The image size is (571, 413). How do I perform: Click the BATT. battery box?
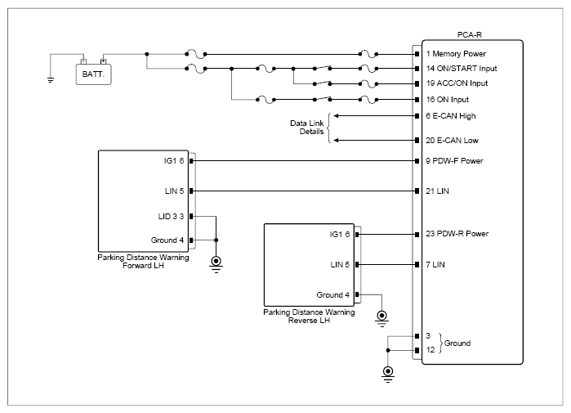tap(94, 74)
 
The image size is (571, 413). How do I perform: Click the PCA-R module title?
tap(470, 35)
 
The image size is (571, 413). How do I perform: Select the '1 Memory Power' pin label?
tap(456, 54)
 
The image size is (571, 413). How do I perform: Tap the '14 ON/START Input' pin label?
tap(462, 69)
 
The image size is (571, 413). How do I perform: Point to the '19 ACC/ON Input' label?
tap(457, 83)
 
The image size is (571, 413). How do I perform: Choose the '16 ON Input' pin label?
tap(447, 100)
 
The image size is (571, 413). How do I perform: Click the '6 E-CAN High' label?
tap(451, 116)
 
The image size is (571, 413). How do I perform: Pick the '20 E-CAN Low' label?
tap(452, 141)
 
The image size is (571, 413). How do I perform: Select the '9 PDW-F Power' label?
tap(454, 161)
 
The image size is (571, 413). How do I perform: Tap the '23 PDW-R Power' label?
tap(457, 234)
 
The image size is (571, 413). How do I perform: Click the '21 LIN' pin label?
tap(437, 191)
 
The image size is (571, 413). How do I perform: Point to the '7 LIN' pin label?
tap(435, 265)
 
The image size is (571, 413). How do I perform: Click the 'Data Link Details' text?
tap(306, 128)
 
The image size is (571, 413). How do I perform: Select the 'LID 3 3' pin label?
tap(171, 217)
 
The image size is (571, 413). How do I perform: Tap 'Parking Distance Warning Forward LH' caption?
tap(143, 262)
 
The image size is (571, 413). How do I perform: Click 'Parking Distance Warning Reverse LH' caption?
tap(309, 316)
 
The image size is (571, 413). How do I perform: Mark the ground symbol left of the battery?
tap(51, 80)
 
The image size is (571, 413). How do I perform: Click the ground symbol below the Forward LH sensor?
tap(216, 265)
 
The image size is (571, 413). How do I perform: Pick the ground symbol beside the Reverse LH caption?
tap(381, 319)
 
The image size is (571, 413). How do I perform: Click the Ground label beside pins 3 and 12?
tap(457, 343)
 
